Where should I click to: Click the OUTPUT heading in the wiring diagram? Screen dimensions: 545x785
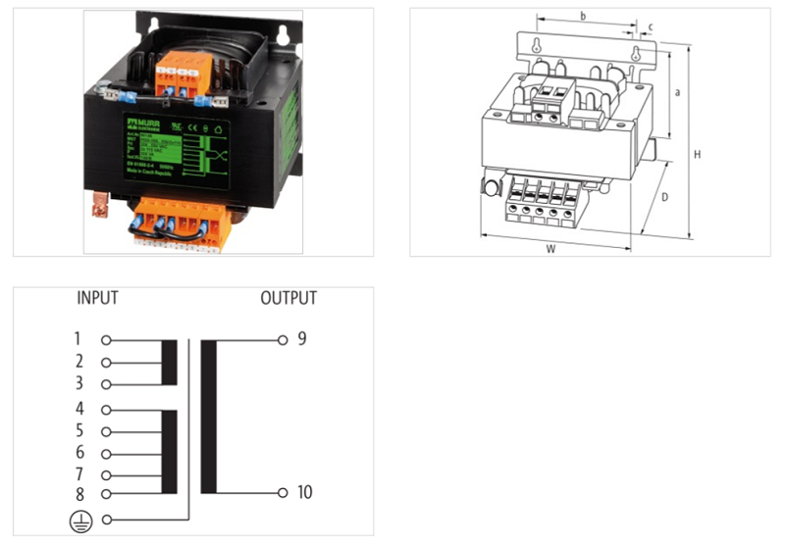pyautogui.click(x=288, y=298)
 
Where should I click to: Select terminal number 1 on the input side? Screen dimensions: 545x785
pyautogui.click(x=78, y=340)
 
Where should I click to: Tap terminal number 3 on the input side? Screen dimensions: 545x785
pyautogui.click(x=78, y=383)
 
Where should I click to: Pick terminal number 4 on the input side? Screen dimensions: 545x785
pyautogui.click(x=78, y=409)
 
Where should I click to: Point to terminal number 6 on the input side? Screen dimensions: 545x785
pyautogui.click(x=78, y=453)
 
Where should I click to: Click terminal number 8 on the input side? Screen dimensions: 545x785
pyautogui.click(x=78, y=493)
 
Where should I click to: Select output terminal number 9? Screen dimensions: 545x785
pyautogui.click(x=301, y=339)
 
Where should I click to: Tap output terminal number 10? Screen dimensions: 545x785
pyautogui.click(x=304, y=492)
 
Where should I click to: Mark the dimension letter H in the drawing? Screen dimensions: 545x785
pyautogui.click(x=698, y=155)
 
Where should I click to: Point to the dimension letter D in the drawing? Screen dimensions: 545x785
pyautogui.click(x=664, y=199)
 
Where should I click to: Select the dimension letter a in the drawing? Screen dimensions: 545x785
pyautogui.click(x=678, y=93)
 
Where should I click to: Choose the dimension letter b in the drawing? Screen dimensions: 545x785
pyautogui.click(x=582, y=17)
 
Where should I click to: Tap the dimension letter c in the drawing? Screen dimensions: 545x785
pyautogui.click(x=651, y=26)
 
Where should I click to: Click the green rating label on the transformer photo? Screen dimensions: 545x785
pyautogui.click(x=176, y=149)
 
